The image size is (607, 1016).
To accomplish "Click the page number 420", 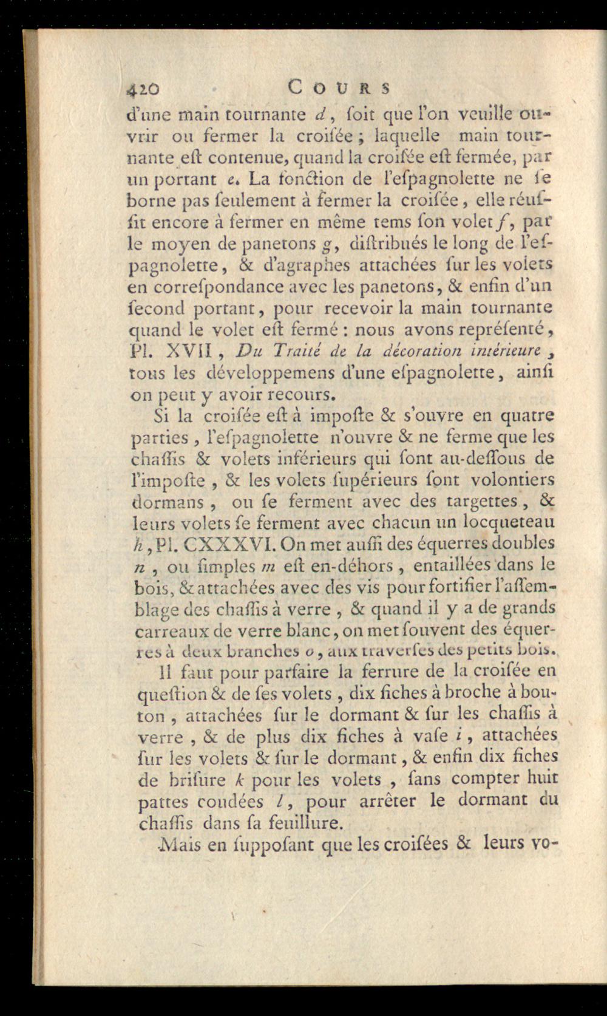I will (144, 89).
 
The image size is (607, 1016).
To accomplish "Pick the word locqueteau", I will (508, 521).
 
